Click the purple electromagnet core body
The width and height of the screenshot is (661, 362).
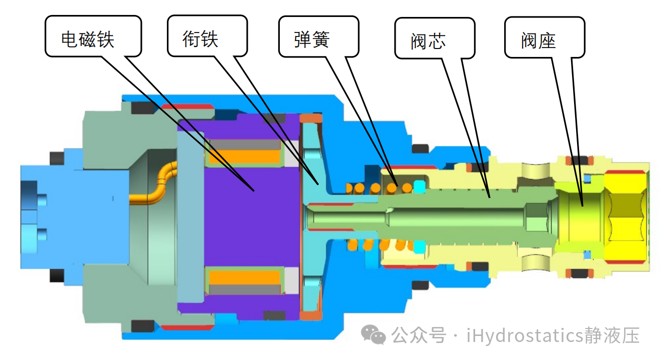click(250, 215)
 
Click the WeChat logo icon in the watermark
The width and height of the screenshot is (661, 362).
click(374, 334)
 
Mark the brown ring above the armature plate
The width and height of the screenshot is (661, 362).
click(311, 118)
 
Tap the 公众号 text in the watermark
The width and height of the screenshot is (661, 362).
click(418, 335)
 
